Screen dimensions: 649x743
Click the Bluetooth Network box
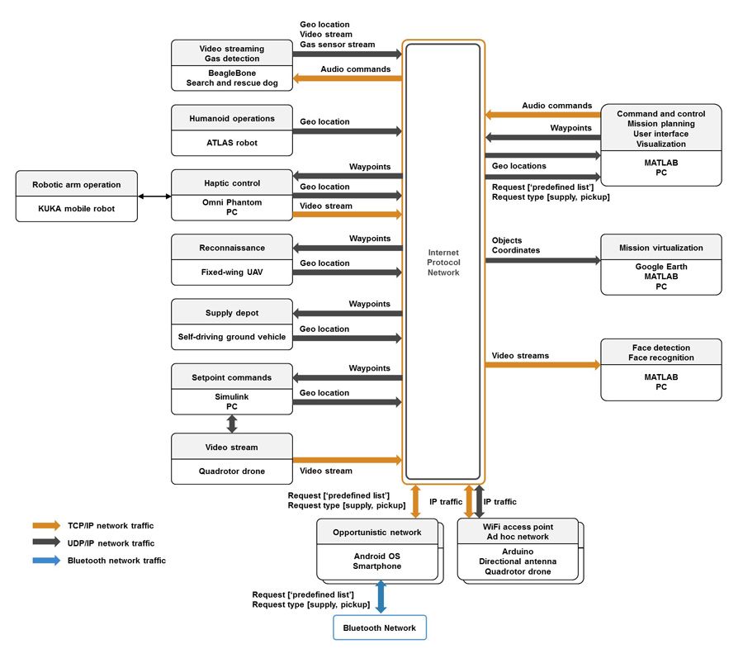[x=380, y=628]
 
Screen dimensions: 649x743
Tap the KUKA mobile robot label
[x=76, y=209]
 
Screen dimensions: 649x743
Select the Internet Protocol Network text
[x=443, y=262]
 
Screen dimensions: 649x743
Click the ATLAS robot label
[x=232, y=143]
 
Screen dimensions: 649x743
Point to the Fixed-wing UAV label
[x=232, y=272]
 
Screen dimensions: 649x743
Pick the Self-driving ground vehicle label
[x=232, y=337]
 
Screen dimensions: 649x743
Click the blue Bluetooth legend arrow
[x=46, y=561]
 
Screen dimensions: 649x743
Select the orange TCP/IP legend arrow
[x=46, y=525]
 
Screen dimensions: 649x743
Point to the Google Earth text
[x=661, y=267]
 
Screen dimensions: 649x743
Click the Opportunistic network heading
[x=378, y=533]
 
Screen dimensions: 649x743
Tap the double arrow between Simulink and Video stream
[x=232, y=424]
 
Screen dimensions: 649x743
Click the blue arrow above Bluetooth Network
[x=381, y=597]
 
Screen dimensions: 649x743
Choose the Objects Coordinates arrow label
[x=516, y=245]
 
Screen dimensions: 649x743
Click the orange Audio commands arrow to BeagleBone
[x=347, y=78]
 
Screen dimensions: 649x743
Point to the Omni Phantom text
[x=232, y=202]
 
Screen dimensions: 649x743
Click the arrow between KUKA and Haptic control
[x=154, y=197]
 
